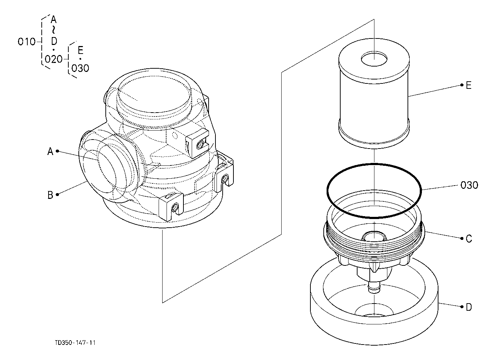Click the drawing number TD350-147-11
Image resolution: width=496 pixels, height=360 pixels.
(75, 343)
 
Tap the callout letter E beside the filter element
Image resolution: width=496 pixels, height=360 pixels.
(469, 85)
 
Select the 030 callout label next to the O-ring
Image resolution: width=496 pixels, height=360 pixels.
(469, 185)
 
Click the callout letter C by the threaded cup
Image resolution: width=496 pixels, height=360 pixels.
(469, 239)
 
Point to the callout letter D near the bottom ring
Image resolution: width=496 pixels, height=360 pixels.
(469, 307)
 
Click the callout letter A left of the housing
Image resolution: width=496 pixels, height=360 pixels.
(50, 151)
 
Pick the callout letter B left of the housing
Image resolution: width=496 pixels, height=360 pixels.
(50, 195)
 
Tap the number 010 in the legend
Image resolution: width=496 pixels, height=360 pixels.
(27, 42)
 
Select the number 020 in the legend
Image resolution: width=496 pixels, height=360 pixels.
(54, 59)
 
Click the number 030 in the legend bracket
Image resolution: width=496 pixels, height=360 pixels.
(80, 68)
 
